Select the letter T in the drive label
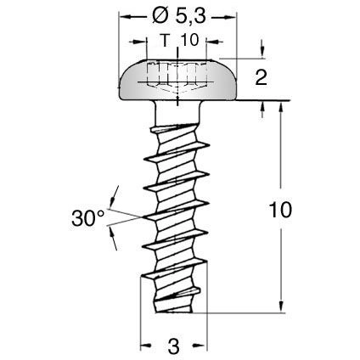click(x=163, y=40)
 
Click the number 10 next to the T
click(x=189, y=40)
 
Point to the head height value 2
click(x=261, y=79)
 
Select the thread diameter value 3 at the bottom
click(x=173, y=346)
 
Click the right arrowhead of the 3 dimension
click(x=203, y=346)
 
